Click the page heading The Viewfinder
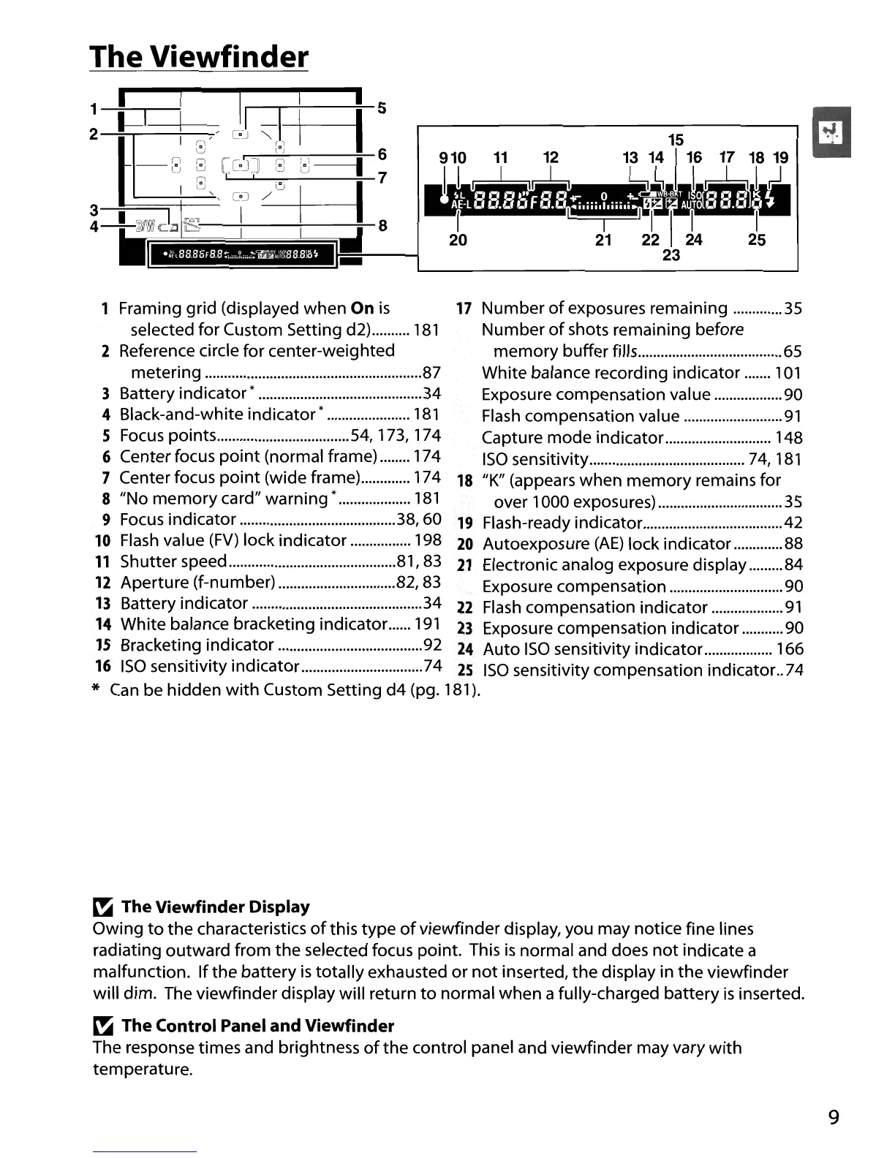[x=199, y=56]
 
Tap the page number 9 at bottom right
[x=834, y=1118]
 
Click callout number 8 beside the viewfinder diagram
[x=382, y=225]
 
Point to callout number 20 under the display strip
[x=458, y=240]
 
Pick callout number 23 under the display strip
[x=671, y=255]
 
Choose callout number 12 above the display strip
[x=551, y=157]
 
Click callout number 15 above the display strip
[x=676, y=139]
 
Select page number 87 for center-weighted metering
[x=431, y=372]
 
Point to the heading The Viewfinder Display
[x=215, y=907]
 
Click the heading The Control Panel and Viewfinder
[x=257, y=1026]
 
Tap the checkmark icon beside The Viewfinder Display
[x=101, y=908]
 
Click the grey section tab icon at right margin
[x=831, y=132]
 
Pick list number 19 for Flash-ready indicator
[x=465, y=523]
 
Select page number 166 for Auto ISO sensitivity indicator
[x=790, y=649]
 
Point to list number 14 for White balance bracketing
[x=102, y=624]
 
